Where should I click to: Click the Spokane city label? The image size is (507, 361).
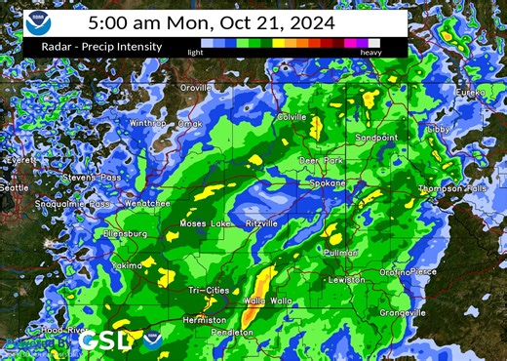click(329, 182)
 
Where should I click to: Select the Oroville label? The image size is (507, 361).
click(196, 88)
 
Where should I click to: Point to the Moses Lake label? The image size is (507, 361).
click(206, 223)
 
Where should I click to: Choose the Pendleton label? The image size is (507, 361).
click(233, 332)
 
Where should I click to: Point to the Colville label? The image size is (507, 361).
click(292, 117)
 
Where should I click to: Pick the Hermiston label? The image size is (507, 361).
click(205, 319)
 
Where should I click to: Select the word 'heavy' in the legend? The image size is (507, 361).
click(370, 52)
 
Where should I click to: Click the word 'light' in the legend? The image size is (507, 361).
click(195, 52)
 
